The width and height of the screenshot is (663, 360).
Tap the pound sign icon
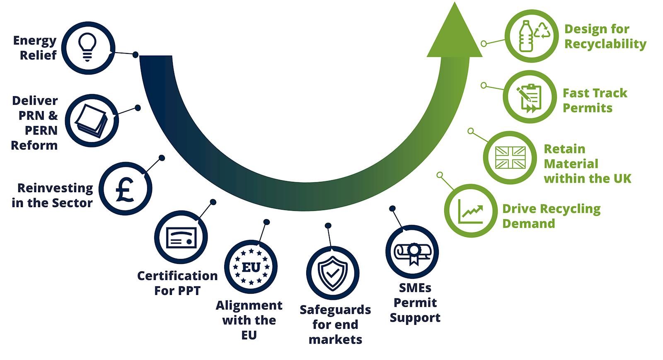coord(125,189)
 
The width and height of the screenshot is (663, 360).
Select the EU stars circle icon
coord(251,267)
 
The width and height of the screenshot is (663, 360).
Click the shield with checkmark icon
coord(332,273)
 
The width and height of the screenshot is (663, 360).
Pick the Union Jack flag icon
coord(510,157)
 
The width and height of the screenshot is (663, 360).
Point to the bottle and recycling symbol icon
coord(531,36)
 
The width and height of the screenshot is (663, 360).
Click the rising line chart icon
coord(471,211)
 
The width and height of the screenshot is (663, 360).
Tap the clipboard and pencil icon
coord(529,97)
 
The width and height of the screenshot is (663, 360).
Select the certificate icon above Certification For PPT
coord(181,237)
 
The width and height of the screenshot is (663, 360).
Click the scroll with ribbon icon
coord(412,252)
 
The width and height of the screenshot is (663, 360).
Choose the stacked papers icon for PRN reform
coord(92,121)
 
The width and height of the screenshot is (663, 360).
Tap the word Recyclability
coord(605,44)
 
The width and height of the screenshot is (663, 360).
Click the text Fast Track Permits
coord(594,100)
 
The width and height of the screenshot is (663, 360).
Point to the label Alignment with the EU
coord(249,320)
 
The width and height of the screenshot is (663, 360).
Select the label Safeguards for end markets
coord(335,324)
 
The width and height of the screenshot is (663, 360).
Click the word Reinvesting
coord(55,188)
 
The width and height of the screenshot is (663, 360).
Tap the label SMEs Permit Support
coord(415,302)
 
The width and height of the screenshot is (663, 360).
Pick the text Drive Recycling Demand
coord(551,216)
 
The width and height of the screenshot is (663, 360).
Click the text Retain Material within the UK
coord(587,164)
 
